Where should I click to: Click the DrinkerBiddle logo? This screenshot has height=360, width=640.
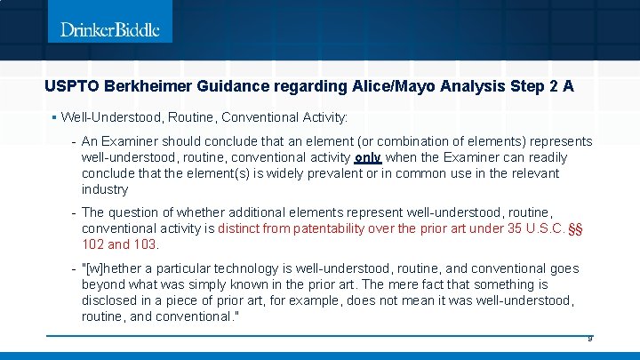110,29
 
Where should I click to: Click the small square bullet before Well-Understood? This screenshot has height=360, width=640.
54,116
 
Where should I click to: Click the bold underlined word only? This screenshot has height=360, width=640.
367,157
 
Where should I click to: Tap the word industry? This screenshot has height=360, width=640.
105,189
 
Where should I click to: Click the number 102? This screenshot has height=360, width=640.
93,244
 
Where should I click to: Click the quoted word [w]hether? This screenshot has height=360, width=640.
116,268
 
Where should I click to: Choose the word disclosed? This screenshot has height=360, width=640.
111,300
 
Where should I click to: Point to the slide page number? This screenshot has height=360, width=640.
588,340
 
